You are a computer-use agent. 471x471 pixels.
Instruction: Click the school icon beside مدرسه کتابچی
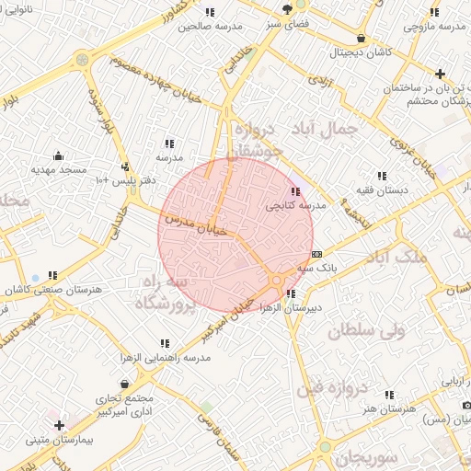click(294, 191)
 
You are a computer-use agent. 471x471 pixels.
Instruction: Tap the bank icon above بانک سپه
click(317, 253)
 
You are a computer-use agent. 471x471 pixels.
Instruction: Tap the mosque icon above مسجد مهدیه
click(59, 155)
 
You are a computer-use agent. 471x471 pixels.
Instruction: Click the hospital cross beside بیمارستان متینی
click(60, 425)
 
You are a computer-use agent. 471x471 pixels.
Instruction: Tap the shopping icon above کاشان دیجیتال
click(361, 39)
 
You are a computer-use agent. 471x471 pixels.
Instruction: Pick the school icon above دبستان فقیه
click(382, 175)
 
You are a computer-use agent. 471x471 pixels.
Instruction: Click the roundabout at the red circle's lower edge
click(277, 280)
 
